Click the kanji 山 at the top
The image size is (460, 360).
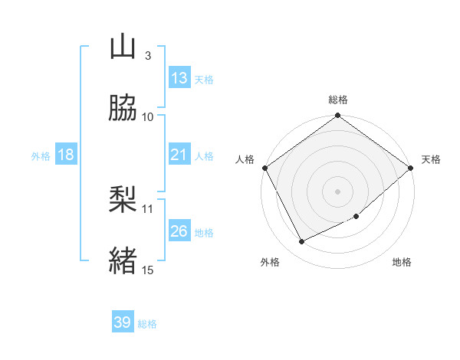[x=123, y=47]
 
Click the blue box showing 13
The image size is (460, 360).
[x=179, y=78]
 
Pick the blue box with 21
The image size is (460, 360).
[x=179, y=155]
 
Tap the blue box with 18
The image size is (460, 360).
[x=66, y=155]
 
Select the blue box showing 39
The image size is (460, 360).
[x=123, y=322]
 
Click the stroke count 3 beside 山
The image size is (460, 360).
[x=148, y=55]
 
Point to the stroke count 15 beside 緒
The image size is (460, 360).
[x=148, y=269]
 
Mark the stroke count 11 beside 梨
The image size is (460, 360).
[x=148, y=208]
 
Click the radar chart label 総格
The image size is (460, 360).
[x=338, y=100]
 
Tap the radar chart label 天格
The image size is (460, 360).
[x=431, y=159]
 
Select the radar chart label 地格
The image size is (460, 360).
[x=402, y=263]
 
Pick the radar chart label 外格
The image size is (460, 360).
[x=270, y=263]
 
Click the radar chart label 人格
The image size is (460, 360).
[x=245, y=159]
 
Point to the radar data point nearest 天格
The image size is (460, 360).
[x=412, y=168]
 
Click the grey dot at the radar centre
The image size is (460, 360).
[x=337, y=191]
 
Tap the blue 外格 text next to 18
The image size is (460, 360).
[x=41, y=156]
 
